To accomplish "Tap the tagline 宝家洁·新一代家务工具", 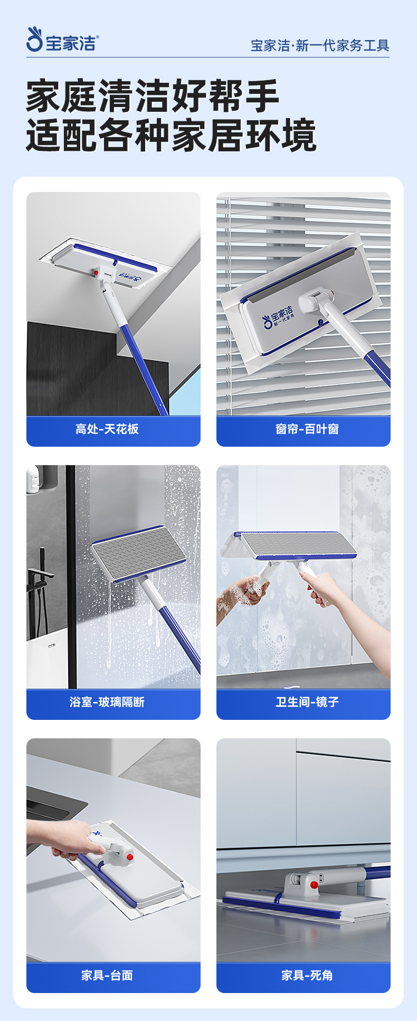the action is pos(320,45).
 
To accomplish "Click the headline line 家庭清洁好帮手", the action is pos(153,95).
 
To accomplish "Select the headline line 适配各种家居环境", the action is pos(172,135).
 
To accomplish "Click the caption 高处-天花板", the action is pos(107,429).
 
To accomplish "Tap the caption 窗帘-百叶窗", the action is pos(307,429).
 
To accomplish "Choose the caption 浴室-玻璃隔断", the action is pos(107,702).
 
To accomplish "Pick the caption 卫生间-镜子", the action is pos(307,702).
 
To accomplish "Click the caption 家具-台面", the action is pos(107,975).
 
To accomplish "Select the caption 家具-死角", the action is pos(307,975).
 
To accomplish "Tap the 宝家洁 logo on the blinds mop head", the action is pos(278,316).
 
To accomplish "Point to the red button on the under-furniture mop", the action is pos(314,884).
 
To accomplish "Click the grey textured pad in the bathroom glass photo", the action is pos(138,553).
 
